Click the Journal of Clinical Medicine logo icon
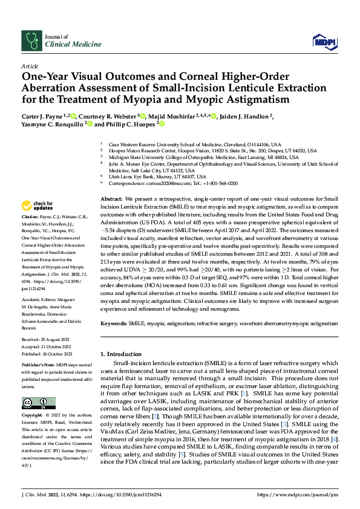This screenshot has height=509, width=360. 32,39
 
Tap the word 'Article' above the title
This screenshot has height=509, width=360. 30,66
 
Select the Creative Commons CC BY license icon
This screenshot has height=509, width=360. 38,403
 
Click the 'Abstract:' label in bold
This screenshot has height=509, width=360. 111,199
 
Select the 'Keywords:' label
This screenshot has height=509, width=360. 114,325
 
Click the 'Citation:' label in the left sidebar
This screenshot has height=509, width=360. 30,216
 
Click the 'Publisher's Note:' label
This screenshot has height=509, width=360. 40,366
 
